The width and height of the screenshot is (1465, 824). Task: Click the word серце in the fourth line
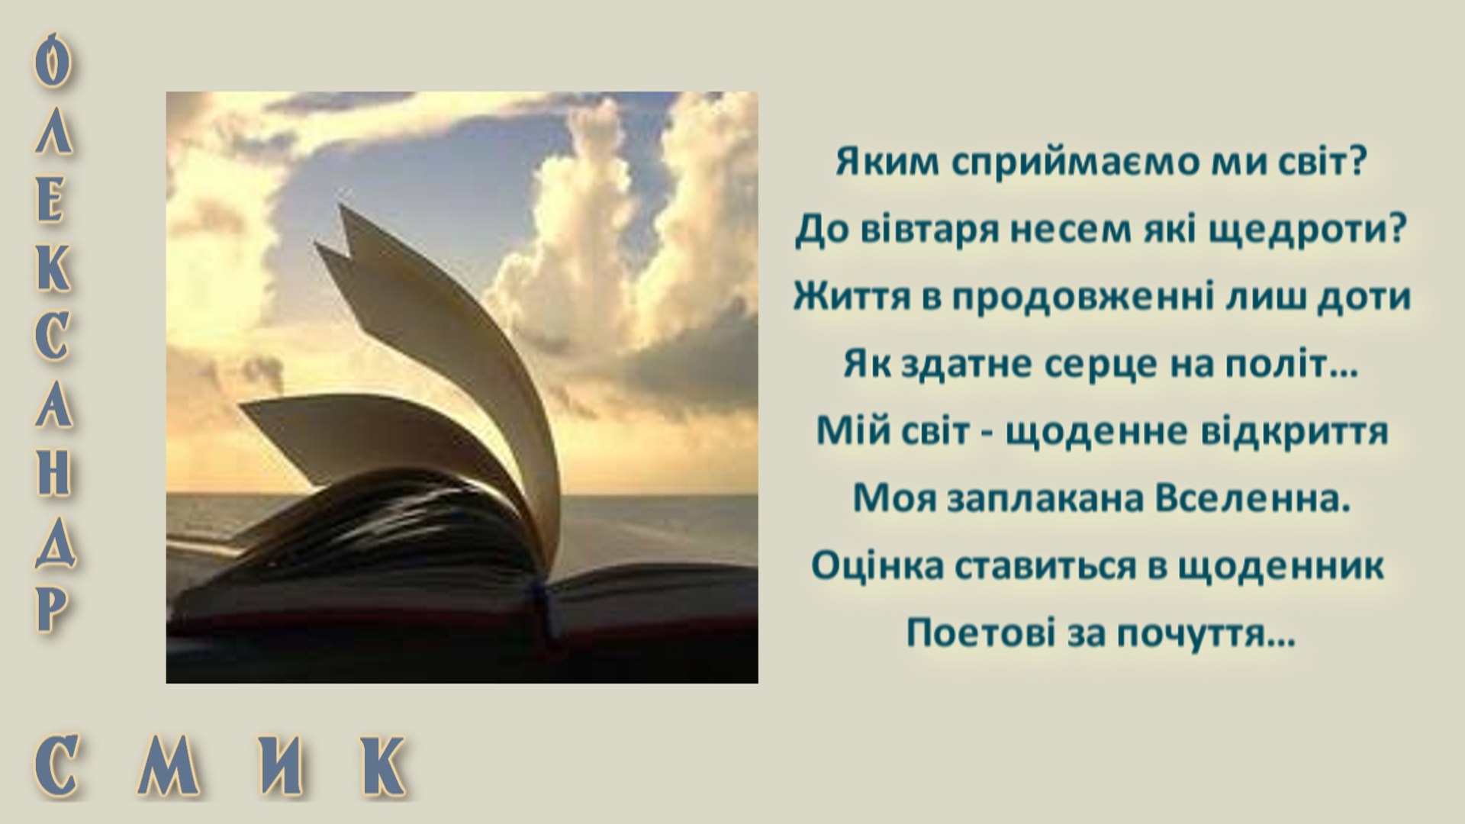point(1101,364)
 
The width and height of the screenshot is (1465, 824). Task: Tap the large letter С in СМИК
point(58,764)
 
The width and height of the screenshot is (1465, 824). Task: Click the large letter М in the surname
point(169,764)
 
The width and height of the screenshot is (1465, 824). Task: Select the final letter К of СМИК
point(382,764)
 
